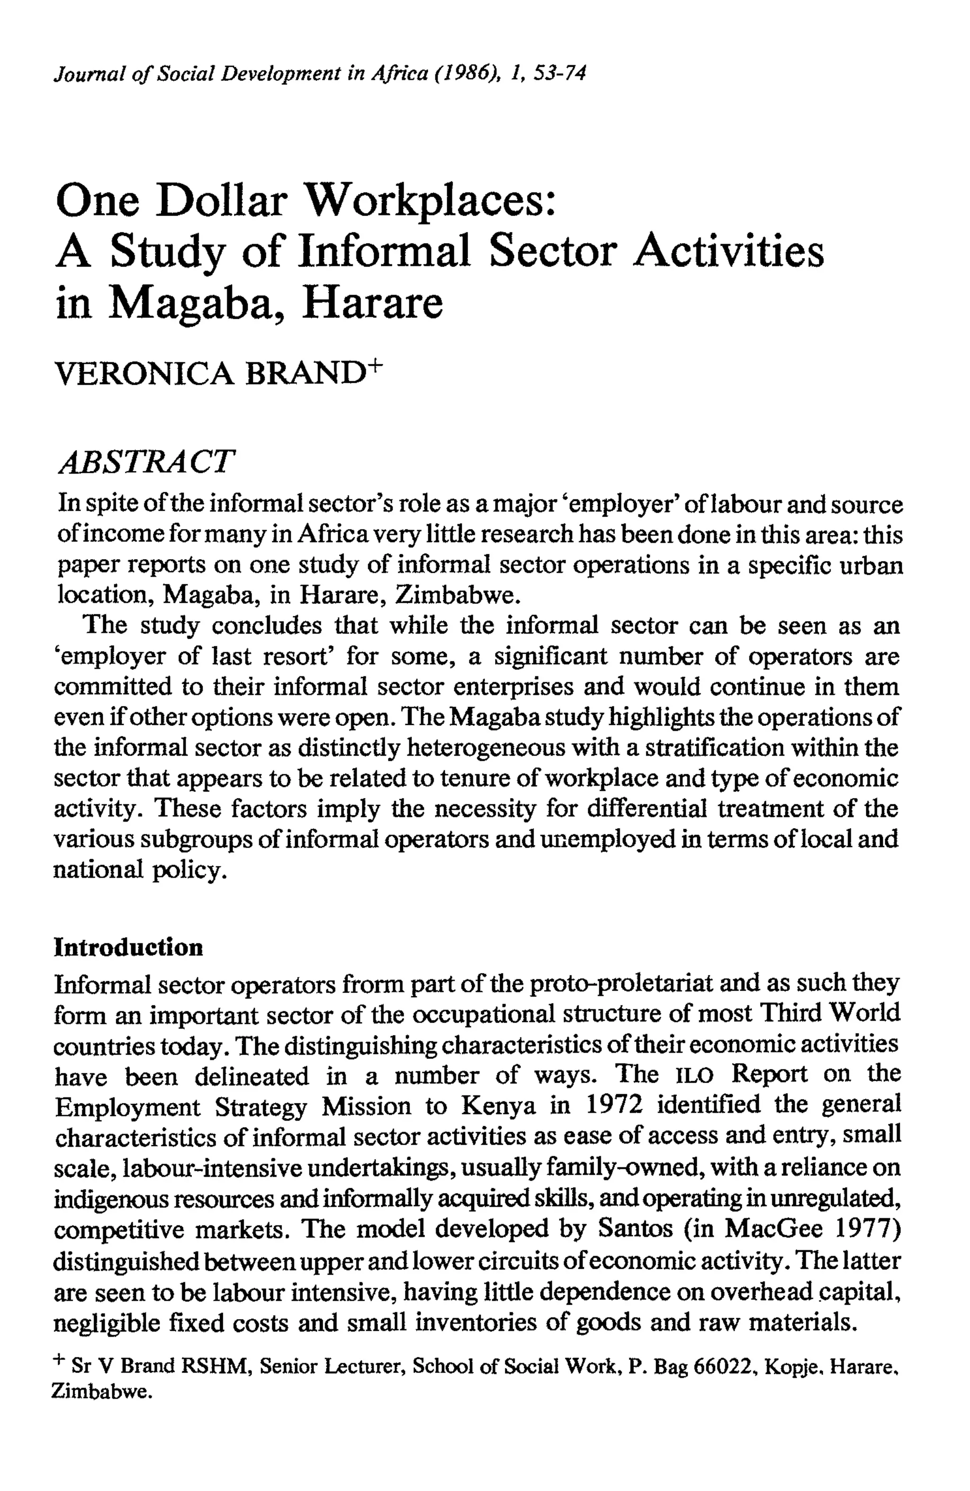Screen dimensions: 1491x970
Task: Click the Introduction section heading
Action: click(x=128, y=947)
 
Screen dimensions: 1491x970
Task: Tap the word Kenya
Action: click(x=498, y=1106)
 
